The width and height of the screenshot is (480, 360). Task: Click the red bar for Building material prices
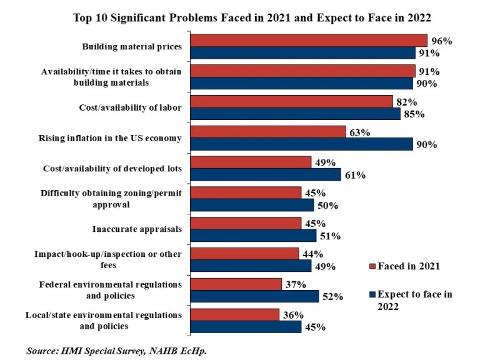point(309,41)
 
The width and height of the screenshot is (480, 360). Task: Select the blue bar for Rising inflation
point(301,144)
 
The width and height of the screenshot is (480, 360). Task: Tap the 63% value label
point(358,132)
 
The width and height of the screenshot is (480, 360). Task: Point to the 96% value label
point(441,41)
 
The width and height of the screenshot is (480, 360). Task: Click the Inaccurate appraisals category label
point(137,229)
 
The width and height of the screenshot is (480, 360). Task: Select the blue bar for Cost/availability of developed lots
point(265,174)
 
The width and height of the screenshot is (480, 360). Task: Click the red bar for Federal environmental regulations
point(236,284)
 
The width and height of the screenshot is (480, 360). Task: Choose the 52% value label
point(332,297)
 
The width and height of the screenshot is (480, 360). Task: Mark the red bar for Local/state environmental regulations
point(234,314)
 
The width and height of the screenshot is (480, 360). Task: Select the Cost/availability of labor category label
point(130,107)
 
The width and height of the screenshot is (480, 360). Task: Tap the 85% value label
point(414,114)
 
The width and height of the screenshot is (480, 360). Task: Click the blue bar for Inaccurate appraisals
point(253,235)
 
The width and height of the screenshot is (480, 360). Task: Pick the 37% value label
point(295,284)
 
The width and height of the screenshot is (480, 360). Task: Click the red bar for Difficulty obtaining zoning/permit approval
point(245,192)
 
